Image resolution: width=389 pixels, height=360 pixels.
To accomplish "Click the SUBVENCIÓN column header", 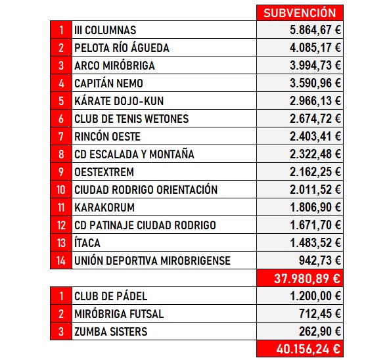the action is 299,12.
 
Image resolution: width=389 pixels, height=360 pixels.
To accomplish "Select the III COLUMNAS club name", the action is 105,30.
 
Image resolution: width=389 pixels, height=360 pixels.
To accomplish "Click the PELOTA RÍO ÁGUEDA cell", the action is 122,48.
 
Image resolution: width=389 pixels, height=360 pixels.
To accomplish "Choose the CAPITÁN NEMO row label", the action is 108,83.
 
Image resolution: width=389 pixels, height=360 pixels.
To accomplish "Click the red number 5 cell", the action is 60,101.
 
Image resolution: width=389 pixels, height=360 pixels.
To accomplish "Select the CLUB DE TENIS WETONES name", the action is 131,119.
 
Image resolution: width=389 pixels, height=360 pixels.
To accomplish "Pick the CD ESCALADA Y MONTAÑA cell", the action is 134,154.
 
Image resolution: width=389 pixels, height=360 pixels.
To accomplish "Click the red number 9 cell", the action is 60,172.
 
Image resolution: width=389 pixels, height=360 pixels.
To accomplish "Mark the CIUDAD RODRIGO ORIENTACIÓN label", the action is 145,190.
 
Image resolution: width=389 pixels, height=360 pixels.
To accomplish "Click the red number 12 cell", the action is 60,225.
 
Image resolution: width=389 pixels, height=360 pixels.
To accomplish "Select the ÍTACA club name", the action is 87,243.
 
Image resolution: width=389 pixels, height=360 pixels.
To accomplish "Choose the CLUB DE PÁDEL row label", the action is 111,296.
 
